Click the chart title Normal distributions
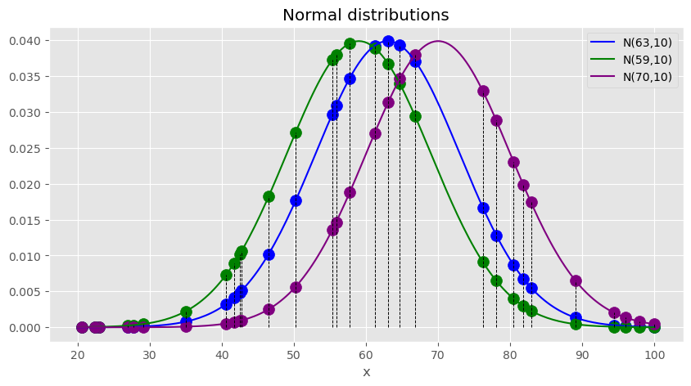[x=365, y=16]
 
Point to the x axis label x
[x=366, y=372]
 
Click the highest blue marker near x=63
[x=388, y=41]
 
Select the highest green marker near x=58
[x=350, y=43]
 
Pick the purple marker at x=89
[x=576, y=281]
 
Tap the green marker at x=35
[x=186, y=312]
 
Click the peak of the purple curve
[x=438, y=41]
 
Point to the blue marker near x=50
[x=296, y=200]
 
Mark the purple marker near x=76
[x=483, y=91]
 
